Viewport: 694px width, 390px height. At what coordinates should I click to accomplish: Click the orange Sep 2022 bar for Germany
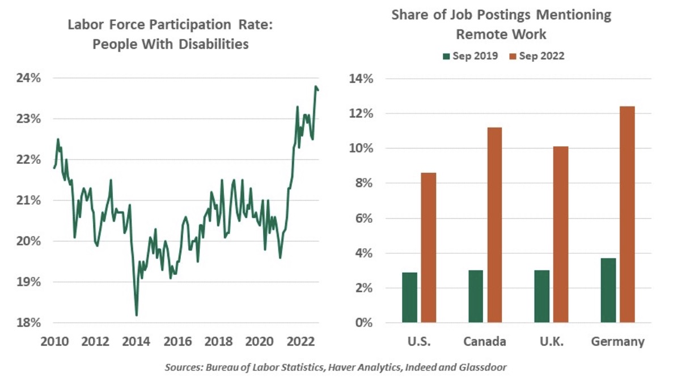(627, 215)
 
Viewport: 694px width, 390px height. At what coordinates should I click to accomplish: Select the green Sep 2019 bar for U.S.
(410, 298)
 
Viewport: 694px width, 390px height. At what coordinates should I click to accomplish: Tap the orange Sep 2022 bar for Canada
(494, 225)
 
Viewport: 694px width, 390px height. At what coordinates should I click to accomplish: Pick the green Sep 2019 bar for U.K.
(541, 296)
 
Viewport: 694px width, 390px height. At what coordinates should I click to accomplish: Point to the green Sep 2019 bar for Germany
(608, 290)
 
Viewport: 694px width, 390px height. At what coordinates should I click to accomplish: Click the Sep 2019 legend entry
(471, 56)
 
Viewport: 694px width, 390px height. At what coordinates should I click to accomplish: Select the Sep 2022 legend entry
(536, 56)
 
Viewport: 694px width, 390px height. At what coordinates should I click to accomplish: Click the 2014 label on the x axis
(136, 342)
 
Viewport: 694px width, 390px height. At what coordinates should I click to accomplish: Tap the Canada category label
(485, 342)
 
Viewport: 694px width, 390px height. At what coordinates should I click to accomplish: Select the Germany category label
(617, 342)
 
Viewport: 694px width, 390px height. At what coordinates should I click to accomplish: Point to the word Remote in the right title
(481, 34)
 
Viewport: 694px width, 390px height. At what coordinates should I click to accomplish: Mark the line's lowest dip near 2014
(137, 315)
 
